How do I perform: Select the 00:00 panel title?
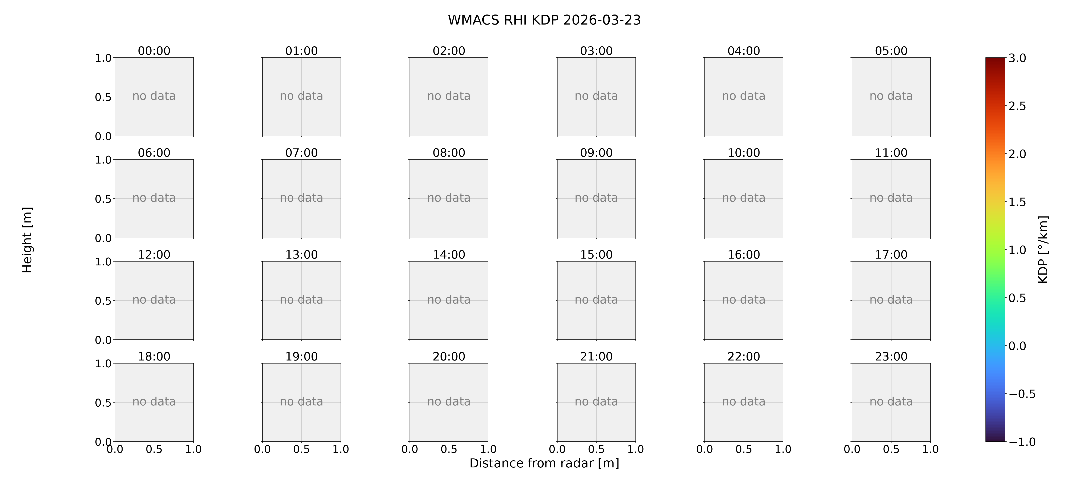[154, 51]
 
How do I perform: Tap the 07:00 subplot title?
[302, 153]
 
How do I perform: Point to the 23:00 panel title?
[891, 356]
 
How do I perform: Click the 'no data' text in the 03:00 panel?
[596, 96]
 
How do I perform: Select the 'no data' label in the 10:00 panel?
[744, 198]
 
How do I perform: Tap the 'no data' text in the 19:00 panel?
[302, 401]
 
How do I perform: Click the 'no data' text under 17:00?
[891, 300]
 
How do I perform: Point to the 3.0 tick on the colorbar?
[1017, 58]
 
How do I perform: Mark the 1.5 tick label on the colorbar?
[1017, 202]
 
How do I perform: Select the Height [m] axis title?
[27, 240]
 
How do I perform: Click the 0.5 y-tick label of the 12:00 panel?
[103, 301]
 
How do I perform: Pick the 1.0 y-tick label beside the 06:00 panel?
[103, 160]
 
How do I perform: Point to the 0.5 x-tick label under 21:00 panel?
[596, 449]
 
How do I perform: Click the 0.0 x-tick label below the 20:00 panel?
[410, 449]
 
